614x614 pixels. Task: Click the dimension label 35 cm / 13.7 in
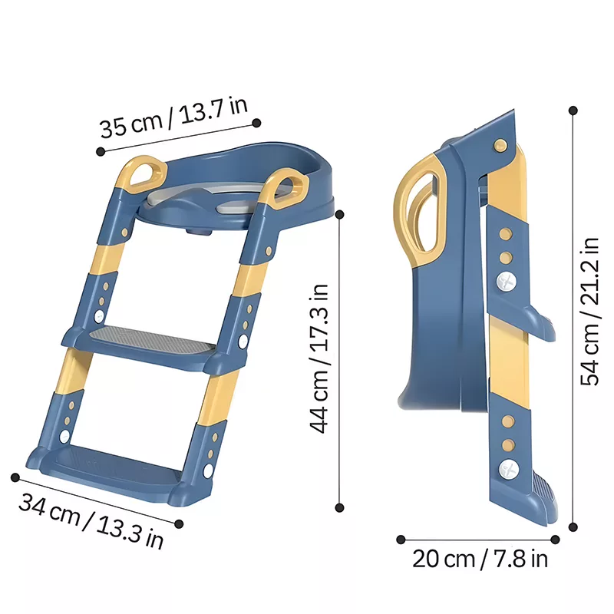point(173,117)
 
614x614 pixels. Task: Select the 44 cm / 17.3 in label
point(319,358)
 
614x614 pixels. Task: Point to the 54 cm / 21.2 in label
point(589,312)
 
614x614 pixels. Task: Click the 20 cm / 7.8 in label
point(480,559)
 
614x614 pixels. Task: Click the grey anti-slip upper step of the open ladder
point(152,339)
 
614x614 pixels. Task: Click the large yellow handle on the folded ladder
point(419,212)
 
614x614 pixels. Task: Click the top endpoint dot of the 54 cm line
point(573,111)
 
